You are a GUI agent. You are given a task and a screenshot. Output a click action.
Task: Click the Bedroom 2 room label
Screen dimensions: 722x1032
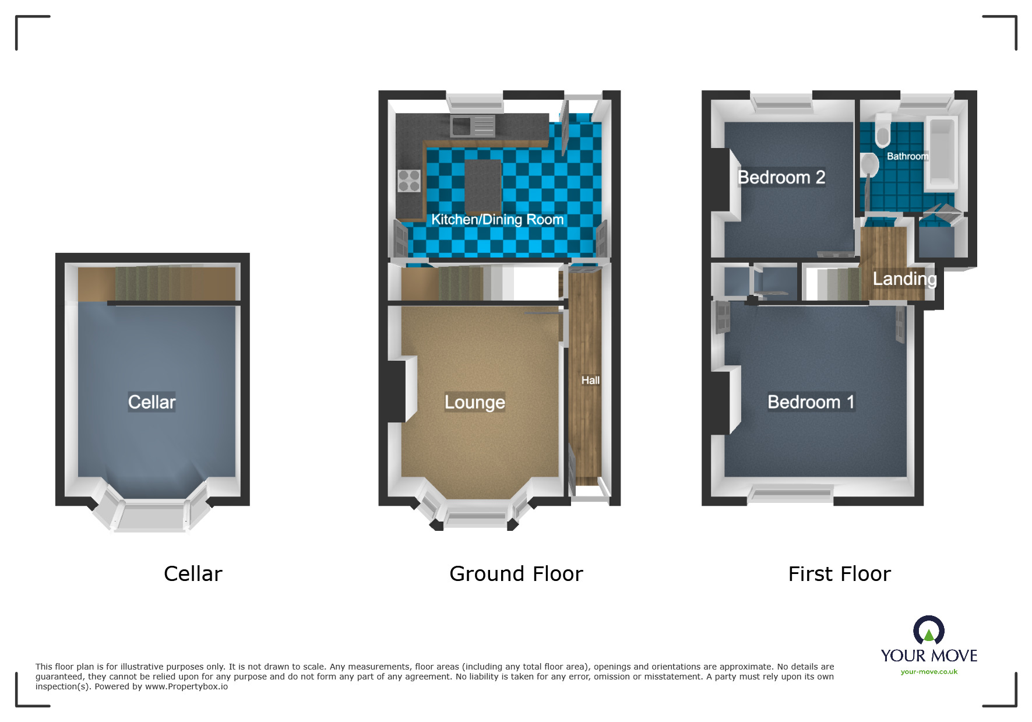pyautogui.click(x=781, y=177)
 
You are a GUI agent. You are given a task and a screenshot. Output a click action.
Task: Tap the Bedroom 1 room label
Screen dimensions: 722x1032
pyautogui.click(x=811, y=402)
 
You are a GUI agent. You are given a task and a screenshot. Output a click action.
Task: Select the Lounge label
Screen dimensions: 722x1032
pyautogui.click(x=474, y=402)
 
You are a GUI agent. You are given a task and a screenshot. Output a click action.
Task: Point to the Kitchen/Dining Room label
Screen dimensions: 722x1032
pyautogui.click(x=497, y=220)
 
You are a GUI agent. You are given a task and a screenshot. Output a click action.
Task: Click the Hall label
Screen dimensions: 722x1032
pyautogui.click(x=590, y=381)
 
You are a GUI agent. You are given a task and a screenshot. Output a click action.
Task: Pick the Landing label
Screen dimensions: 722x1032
pyautogui.click(x=904, y=279)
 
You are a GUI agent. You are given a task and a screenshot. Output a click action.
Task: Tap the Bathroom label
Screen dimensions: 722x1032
pyautogui.click(x=907, y=156)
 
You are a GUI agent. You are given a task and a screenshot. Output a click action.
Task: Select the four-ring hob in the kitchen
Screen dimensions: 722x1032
pyautogui.click(x=409, y=180)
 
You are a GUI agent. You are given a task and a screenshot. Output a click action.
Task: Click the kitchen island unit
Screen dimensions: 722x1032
pyautogui.click(x=482, y=185)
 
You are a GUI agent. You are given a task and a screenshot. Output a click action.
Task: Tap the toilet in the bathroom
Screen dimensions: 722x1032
pyautogui.click(x=882, y=131)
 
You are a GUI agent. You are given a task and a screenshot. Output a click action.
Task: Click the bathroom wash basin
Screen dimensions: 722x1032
pyautogui.click(x=870, y=165)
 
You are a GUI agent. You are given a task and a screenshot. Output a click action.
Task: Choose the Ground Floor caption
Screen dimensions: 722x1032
pyautogui.click(x=516, y=574)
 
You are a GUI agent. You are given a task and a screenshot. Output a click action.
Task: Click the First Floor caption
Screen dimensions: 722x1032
pyautogui.click(x=839, y=574)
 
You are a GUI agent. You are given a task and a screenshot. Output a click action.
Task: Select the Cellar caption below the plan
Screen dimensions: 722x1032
pyautogui.click(x=193, y=574)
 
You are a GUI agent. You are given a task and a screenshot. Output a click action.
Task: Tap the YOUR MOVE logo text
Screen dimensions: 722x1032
pyautogui.click(x=929, y=656)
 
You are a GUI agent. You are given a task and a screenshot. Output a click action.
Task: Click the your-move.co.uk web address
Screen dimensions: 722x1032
pyautogui.click(x=929, y=672)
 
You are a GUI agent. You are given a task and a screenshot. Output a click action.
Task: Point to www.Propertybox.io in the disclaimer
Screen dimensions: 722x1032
pyautogui.click(x=186, y=686)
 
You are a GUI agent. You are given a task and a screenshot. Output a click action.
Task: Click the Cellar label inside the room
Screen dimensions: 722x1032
pyautogui.click(x=152, y=402)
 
